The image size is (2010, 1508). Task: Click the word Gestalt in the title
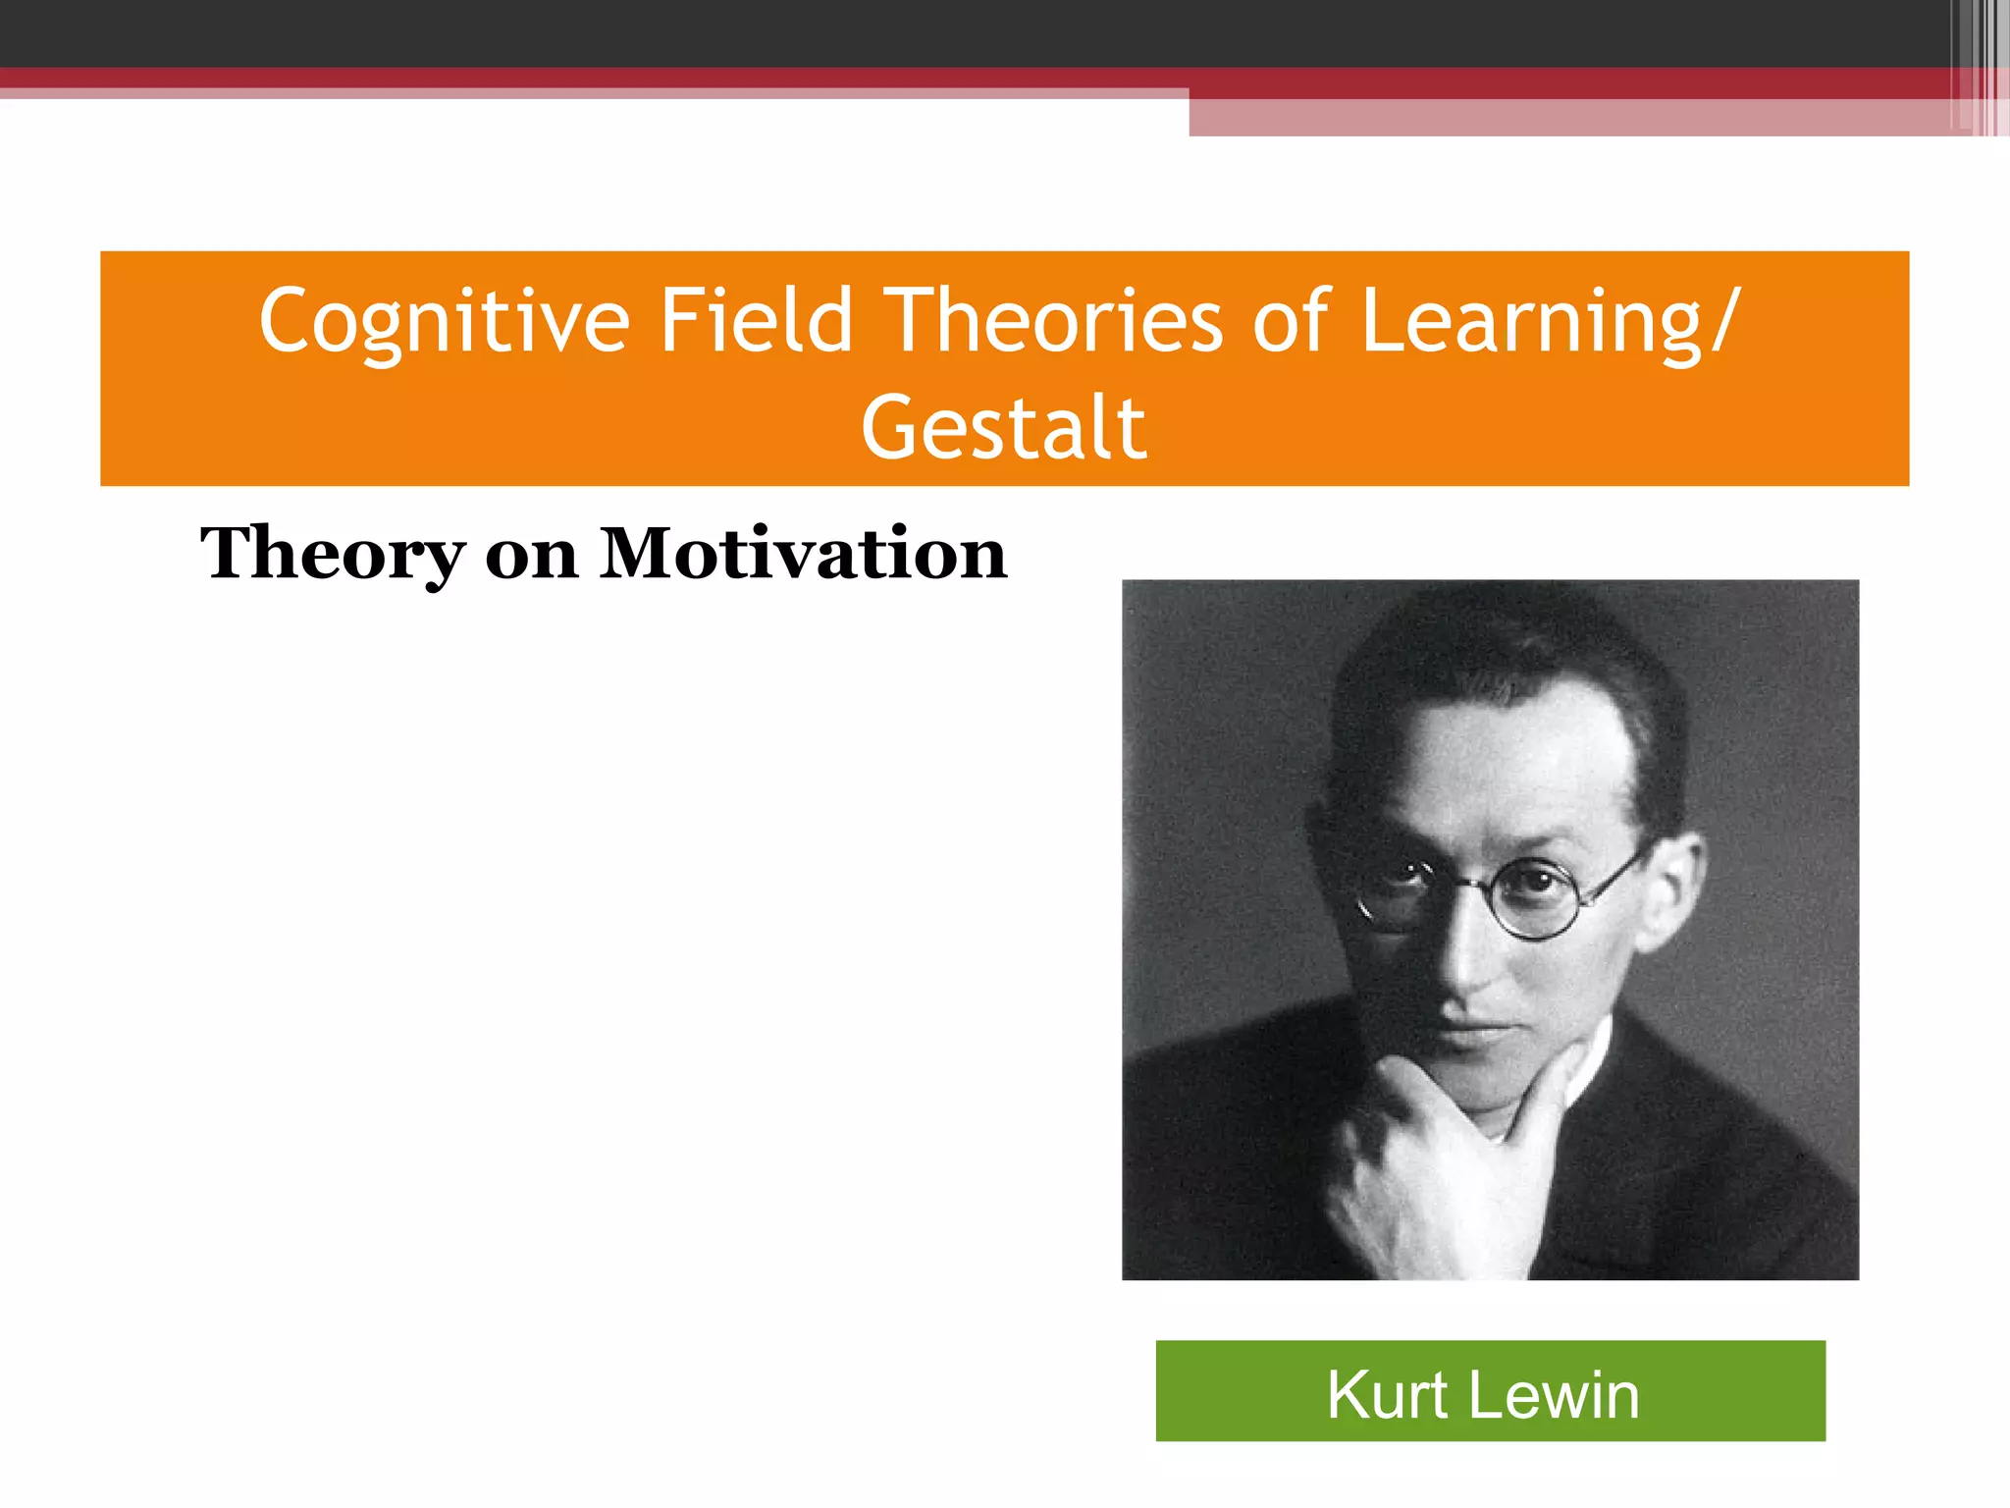pos(1004,428)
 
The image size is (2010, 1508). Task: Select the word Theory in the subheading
pos(332,555)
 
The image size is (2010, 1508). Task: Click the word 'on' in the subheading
pos(531,557)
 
